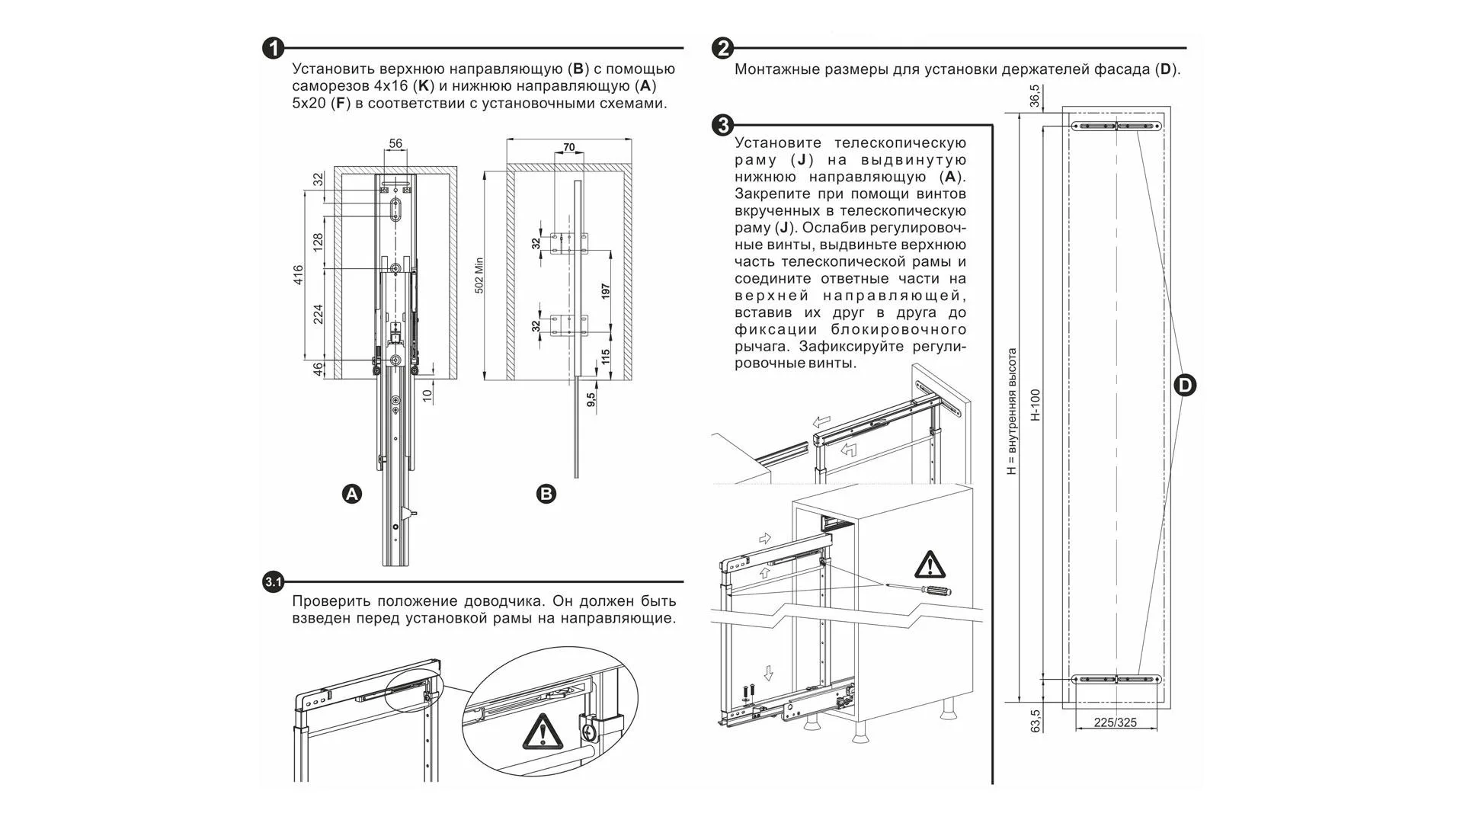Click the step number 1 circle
pos(273,49)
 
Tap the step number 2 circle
pos(722,49)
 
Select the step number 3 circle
pos(722,125)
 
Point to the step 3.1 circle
pos(273,583)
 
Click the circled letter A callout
pos(351,494)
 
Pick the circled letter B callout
pos(546,494)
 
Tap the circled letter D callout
pos(1184,386)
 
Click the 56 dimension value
pos(395,143)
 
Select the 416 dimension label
pos(298,275)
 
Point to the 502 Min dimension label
pos(479,275)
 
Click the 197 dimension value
pos(606,290)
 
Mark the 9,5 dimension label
pos(591,399)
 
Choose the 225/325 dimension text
pos(1115,722)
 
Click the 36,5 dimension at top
pos(1034,97)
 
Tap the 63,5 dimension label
pos(1036,721)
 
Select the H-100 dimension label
pos(1035,405)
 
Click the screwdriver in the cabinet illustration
pos(924,588)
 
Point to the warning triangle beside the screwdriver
pos(928,565)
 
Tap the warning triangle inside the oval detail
pos(542,732)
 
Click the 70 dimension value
pos(568,148)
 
